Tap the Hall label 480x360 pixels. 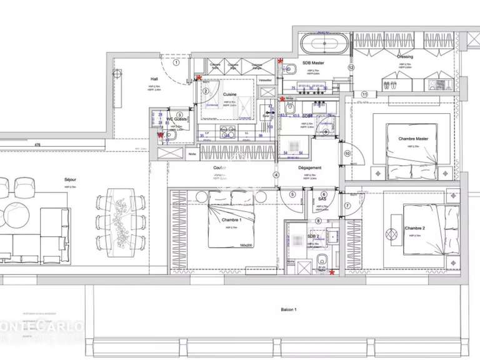coord(154,79)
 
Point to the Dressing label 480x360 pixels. coord(405,56)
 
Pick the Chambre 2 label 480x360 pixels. coord(414,229)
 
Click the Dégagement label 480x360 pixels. coord(310,168)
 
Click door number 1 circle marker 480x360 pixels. coord(176,62)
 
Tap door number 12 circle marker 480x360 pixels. coord(351,67)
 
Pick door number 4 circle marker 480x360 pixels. coord(276,175)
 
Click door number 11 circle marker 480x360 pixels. coord(364,94)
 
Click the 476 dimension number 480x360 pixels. coord(37,146)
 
